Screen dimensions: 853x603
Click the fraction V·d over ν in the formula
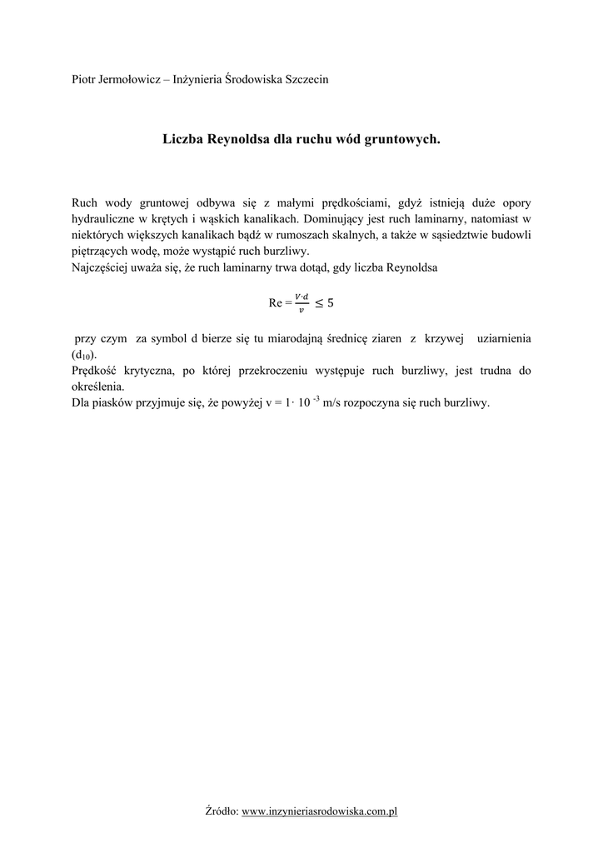click(x=301, y=302)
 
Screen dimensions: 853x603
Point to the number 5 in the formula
click(x=331, y=303)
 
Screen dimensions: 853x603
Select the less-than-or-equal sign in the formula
click(x=317, y=303)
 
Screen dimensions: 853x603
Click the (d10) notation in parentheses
click(x=84, y=356)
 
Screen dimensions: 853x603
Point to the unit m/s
click(x=336, y=403)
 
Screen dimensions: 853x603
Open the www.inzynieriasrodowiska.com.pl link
click(x=320, y=811)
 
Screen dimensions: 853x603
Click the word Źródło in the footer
click(x=221, y=811)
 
